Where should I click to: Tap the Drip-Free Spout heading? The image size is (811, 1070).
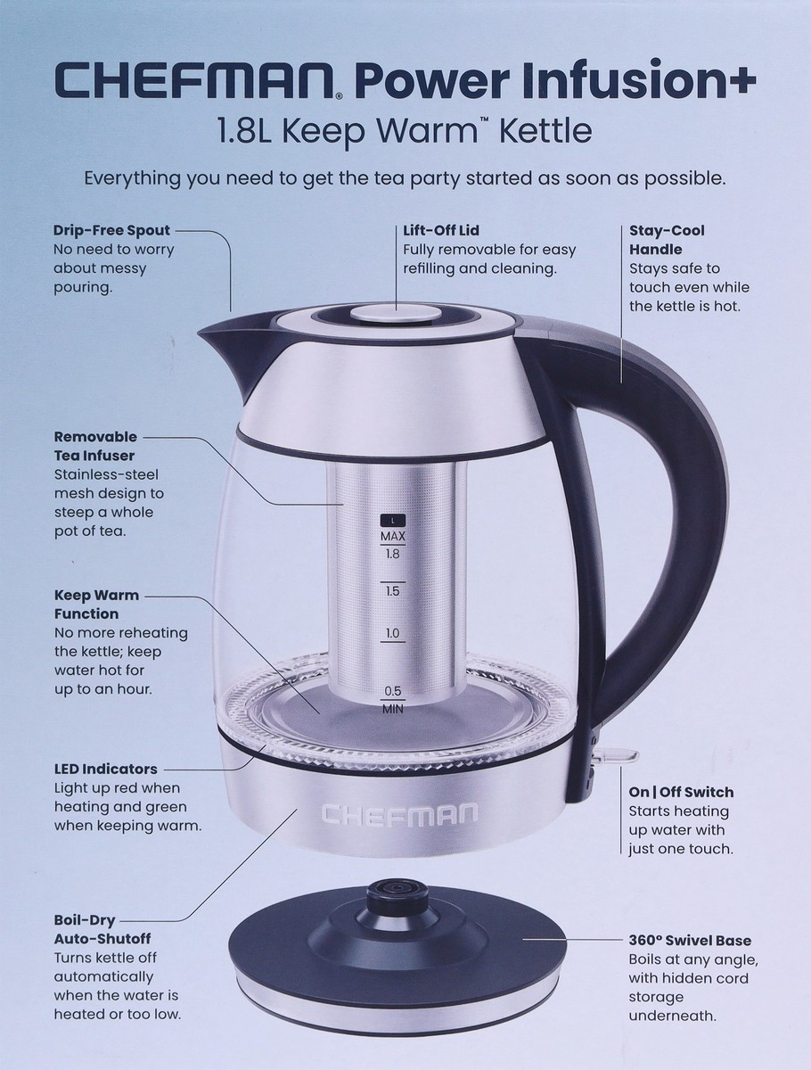tap(111, 230)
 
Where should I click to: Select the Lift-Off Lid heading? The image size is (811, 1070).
tap(441, 230)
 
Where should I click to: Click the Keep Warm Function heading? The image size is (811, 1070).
tap(96, 605)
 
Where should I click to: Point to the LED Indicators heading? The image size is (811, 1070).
tap(106, 769)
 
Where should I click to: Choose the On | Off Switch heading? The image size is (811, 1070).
tap(681, 792)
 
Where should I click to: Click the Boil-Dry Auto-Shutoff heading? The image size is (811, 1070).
tap(102, 929)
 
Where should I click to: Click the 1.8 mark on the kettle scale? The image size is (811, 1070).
tap(392, 555)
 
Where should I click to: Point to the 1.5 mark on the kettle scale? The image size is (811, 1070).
tap(392, 591)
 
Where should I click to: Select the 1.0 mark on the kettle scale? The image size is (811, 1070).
tap(392, 633)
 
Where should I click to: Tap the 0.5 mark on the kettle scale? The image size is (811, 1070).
tap(393, 691)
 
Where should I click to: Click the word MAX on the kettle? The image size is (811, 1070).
tap(393, 536)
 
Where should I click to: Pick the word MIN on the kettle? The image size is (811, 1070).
tap(393, 709)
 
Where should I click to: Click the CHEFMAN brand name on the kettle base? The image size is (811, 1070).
tap(399, 814)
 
